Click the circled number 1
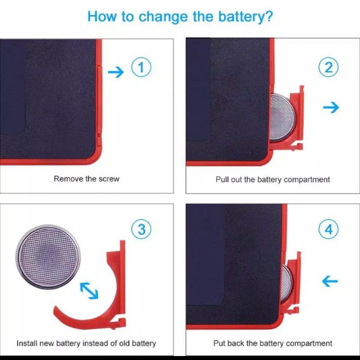(x=141, y=67)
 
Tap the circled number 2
(x=328, y=67)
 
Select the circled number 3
(x=141, y=229)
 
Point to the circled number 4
(x=328, y=229)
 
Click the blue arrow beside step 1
(x=116, y=72)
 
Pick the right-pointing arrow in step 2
(x=331, y=107)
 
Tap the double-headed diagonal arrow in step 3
(x=89, y=291)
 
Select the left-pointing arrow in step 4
(x=330, y=281)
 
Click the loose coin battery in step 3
(x=48, y=256)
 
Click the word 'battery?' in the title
(x=245, y=17)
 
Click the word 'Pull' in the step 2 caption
(x=221, y=179)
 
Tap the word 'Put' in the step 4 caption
(x=219, y=343)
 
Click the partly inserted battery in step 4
(x=287, y=283)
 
